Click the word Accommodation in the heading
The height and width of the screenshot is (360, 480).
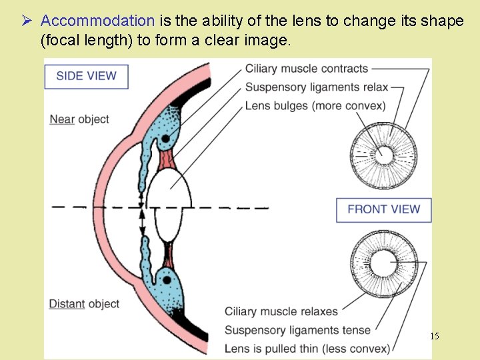pos(97,21)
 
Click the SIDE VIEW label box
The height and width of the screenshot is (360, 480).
pos(86,75)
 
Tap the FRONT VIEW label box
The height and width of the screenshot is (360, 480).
pos(383,209)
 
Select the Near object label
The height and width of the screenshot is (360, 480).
pos(79,119)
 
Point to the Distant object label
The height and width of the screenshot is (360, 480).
pos(84,304)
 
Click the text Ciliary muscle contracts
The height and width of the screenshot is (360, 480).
pos(306,69)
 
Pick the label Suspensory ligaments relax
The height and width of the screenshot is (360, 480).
pos(316,87)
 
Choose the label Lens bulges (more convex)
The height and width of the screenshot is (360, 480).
pos(315,105)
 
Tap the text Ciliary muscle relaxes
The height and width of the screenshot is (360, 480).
pos(281,311)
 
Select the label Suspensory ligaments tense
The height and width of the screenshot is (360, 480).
pos(297,330)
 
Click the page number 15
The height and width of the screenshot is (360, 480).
pos(434,336)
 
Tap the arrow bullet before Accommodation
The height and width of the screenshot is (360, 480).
pos(27,21)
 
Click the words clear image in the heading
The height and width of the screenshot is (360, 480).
pos(254,41)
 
